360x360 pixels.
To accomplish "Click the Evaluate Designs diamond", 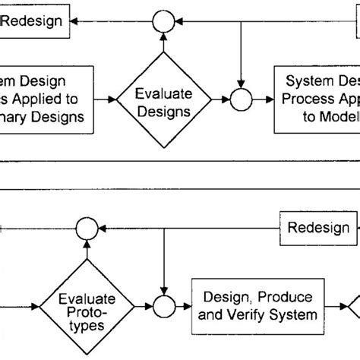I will [163, 99].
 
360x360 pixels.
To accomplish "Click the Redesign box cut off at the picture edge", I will [33, 21].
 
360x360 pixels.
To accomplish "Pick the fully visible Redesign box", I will [317, 227].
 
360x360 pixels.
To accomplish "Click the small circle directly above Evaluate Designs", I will [163, 21].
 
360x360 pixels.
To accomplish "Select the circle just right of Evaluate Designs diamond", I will [241, 99].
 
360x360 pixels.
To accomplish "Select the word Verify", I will [247, 311].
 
